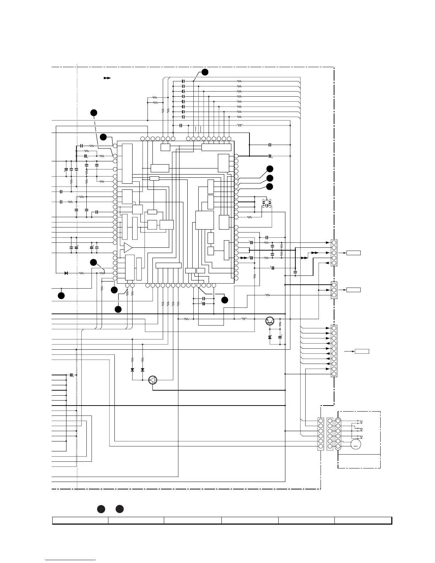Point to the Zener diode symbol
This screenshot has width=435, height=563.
[x=270, y=337]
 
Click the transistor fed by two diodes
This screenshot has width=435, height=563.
[x=152, y=380]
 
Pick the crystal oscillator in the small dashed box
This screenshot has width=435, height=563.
[x=267, y=204]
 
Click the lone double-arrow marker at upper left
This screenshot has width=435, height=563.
[x=107, y=77]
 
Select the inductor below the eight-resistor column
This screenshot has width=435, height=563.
[x=240, y=125]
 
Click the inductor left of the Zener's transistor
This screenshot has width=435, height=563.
[x=244, y=319]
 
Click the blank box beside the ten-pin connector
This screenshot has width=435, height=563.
[x=362, y=351]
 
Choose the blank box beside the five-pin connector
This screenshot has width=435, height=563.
[x=354, y=253]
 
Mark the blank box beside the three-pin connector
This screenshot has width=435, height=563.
[x=354, y=290]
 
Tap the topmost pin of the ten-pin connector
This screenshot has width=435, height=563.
[x=334, y=328]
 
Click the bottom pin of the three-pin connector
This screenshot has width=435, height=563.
[x=334, y=295]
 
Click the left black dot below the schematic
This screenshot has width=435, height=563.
[x=101, y=509]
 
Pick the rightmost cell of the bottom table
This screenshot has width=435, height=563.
[x=363, y=521]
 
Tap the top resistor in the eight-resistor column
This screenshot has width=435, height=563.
[x=240, y=81]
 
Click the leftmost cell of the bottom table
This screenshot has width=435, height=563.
[x=80, y=521]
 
